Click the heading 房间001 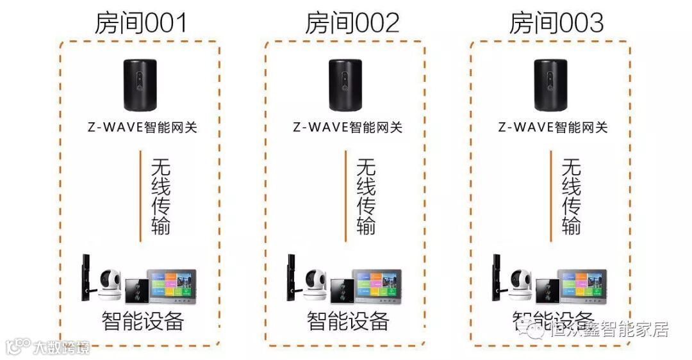click(x=140, y=23)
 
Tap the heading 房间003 click(x=556, y=23)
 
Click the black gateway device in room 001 click(x=141, y=85)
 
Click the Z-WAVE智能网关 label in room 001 click(x=142, y=127)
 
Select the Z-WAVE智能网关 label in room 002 click(x=348, y=127)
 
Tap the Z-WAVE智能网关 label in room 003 click(x=553, y=127)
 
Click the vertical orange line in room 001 click(x=140, y=196)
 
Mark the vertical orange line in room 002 click(x=345, y=196)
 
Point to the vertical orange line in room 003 click(x=551, y=196)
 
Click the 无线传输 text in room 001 click(x=161, y=196)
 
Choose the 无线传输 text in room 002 click(x=366, y=196)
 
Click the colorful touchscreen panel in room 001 click(x=172, y=284)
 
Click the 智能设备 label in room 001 click(x=142, y=320)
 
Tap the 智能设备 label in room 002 click(x=348, y=320)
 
